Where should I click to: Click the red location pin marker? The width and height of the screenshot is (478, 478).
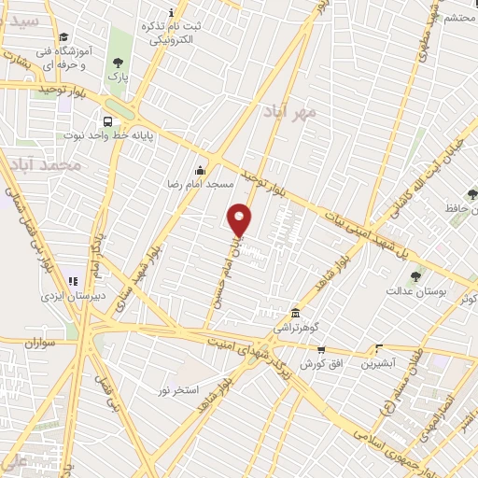(239, 219)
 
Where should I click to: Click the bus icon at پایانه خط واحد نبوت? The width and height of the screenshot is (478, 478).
(108, 121)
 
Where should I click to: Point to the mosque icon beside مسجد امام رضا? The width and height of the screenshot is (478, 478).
(199, 170)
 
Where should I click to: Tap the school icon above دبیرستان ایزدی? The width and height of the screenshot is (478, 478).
(72, 281)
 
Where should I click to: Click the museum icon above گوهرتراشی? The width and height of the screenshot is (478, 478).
(295, 313)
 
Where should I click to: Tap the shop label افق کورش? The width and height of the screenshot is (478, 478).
(313, 362)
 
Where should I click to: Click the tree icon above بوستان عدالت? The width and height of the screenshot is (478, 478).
(415, 275)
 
